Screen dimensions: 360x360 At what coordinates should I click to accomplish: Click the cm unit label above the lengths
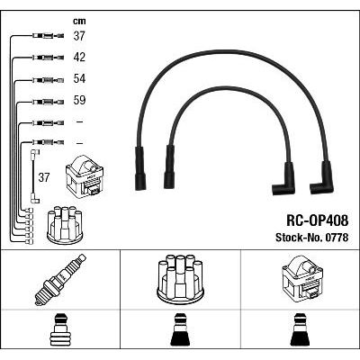[x=79, y=22]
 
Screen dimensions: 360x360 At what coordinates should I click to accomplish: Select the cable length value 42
[x=79, y=57]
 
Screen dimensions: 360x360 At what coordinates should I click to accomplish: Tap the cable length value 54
[x=79, y=78]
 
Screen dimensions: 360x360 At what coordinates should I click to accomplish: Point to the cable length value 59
[x=79, y=100]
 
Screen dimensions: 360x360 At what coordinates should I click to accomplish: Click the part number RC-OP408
[x=318, y=220]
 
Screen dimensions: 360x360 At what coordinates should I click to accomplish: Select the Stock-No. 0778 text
[x=312, y=238]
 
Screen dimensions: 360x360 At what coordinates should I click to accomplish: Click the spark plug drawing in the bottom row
[x=60, y=280]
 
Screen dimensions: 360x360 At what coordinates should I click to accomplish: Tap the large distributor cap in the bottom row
[x=180, y=278]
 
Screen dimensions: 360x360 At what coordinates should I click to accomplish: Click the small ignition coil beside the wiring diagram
[x=85, y=175]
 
